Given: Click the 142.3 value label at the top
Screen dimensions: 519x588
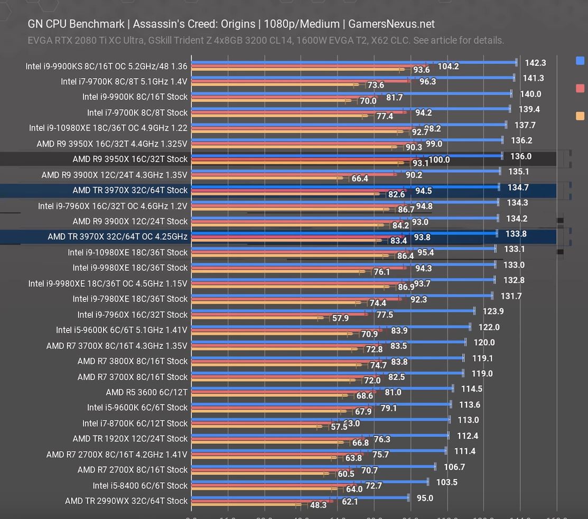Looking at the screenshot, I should point(535,63).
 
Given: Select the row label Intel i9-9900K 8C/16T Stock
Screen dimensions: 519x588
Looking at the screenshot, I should point(135,97).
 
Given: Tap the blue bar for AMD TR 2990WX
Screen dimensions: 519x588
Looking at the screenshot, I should point(300,497).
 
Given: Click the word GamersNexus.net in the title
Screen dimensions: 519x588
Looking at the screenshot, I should point(391,24).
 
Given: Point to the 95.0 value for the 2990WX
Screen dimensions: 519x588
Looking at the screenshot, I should point(425,498).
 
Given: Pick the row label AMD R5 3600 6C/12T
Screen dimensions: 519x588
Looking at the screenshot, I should point(146,392).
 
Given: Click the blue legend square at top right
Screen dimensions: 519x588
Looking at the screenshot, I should point(580,61).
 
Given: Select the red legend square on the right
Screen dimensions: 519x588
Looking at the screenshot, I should point(580,88).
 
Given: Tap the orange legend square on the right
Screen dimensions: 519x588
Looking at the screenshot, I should point(580,116).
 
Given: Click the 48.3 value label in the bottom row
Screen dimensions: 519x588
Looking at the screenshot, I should point(318,505).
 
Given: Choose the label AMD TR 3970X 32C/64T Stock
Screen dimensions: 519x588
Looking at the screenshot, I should point(130,190).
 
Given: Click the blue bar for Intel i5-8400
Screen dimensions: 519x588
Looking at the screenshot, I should point(310,482).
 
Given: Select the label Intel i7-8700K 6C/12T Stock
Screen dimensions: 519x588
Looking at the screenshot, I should point(135,423).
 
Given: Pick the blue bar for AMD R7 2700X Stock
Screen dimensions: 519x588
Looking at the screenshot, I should point(313,466).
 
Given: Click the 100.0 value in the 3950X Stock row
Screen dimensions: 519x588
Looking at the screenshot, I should point(439,160).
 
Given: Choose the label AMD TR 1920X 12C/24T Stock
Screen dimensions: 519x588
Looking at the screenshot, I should point(130,438).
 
